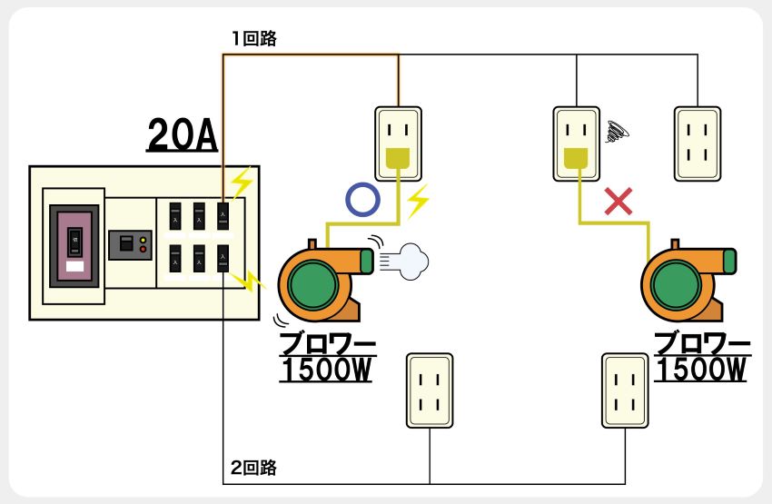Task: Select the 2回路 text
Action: coord(253,469)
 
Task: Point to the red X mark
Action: coord(619,202)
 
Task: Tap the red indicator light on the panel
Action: coord(144,250)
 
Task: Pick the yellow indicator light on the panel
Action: coord(144,240)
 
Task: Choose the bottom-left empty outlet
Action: coord(430,390)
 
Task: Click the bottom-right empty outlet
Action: coord(626,390)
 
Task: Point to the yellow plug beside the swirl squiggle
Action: coord(574,160)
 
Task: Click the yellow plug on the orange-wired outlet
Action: coord(398,160)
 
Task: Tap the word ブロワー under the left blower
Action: coord(327,346)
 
